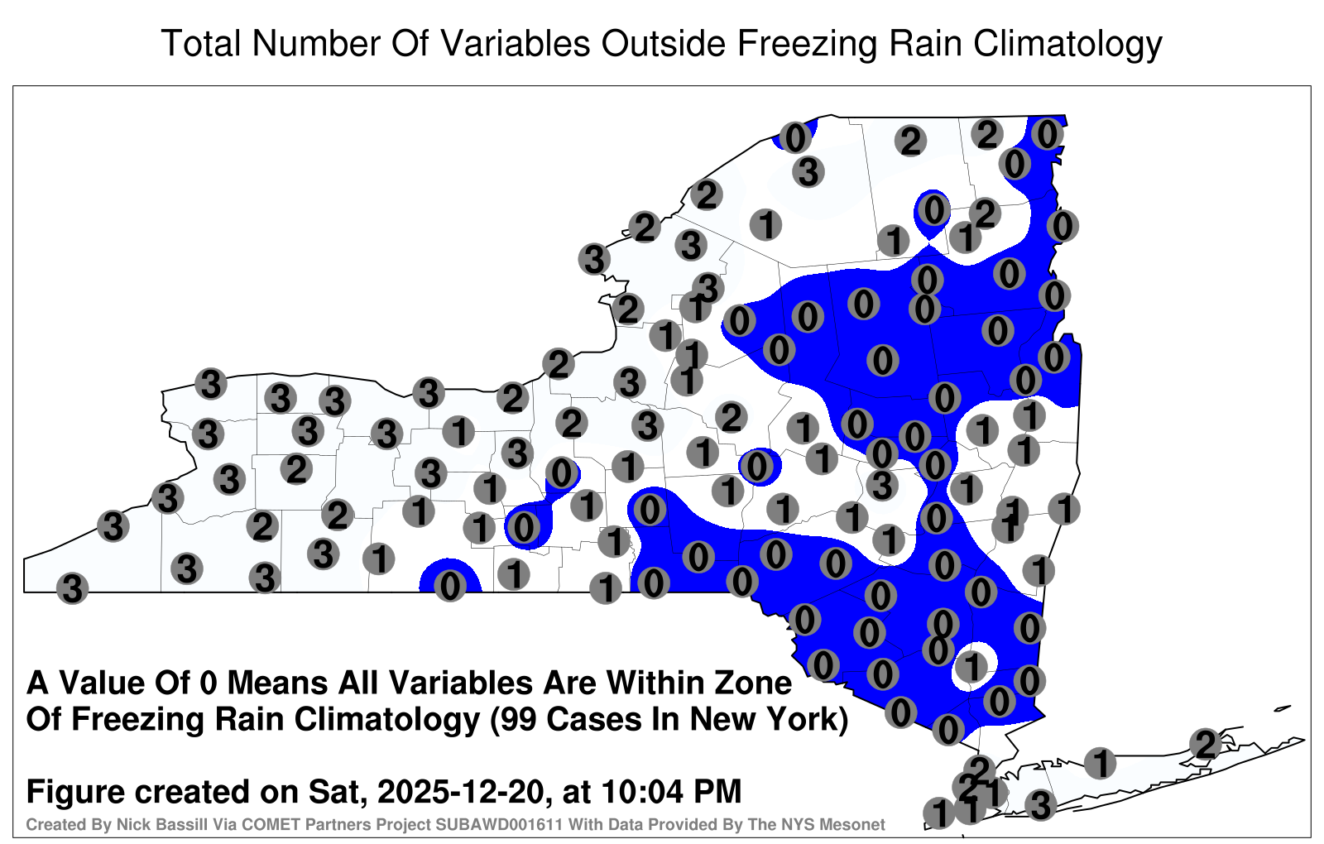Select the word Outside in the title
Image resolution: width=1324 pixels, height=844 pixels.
coord(663,43)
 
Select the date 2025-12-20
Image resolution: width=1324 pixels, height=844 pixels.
coord(459,791)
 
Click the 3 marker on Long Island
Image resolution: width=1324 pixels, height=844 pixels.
coord(1040,805)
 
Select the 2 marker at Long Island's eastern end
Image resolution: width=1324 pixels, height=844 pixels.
coord(1206,744)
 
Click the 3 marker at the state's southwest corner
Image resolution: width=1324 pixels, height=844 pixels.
coord(72,588)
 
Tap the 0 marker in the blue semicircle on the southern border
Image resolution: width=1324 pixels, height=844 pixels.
coord(450,587)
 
